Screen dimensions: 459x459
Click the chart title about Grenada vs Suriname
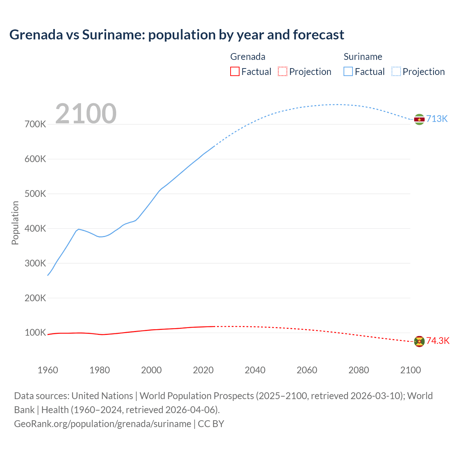[176, 35]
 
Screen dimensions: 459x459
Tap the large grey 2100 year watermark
[86, 114]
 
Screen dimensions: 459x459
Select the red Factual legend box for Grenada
[235, 71]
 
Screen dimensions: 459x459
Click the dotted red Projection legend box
[283, 71]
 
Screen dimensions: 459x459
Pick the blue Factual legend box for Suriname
[348, 71]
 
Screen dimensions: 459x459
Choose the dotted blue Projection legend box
[396, 71]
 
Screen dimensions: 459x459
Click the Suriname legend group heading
[363, 57]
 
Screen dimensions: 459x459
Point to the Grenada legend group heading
[247, 57]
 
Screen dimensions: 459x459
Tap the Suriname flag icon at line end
[419, 119]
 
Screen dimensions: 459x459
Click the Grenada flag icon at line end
[419, 341]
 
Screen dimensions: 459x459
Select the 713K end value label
[437, 119]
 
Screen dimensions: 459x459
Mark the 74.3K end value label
[437, 341]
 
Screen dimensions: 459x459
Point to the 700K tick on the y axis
[35, 124]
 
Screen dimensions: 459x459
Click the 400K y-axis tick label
[35, 228]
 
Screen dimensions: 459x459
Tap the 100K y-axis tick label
[35, 332]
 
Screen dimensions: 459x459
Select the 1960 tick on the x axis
[48, 370]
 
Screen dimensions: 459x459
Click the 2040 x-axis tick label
[255, 370]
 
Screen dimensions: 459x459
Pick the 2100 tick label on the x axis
[410, 370]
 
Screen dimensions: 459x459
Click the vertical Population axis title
[15, 223]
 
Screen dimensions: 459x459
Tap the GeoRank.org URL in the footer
[103, 424]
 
